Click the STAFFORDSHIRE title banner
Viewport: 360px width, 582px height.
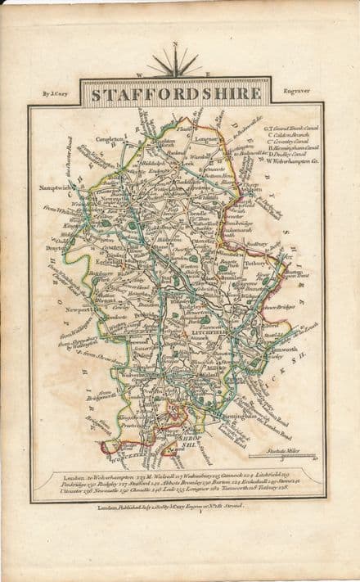pyautogui.click(x=175, y=93)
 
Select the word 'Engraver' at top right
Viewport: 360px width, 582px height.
pyautogui.click(x=294, y=93)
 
